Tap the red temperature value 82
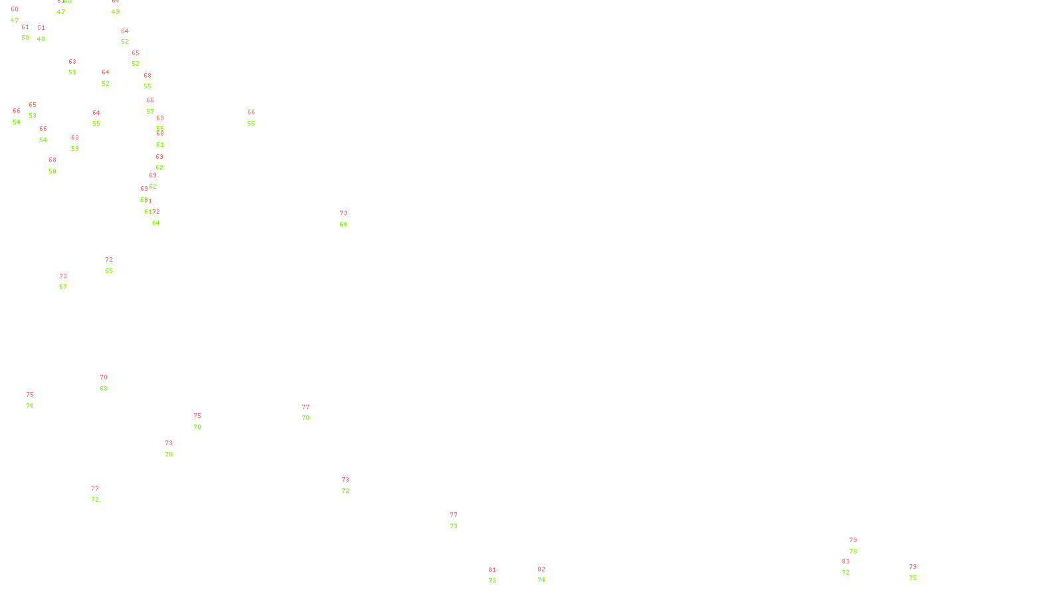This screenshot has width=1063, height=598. tap(541, 569)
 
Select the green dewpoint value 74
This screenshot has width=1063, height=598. tap(541, 580)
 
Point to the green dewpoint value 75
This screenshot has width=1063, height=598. tap(913, 578)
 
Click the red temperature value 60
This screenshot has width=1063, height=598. tap(15, 9)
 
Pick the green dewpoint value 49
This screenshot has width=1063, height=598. tap(116, 12)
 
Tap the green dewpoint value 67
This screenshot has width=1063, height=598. tap(63, 287)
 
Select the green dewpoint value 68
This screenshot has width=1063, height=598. tap(104, 389)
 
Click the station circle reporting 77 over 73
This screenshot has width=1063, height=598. tap(460, 520)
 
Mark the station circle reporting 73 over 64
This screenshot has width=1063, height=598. tap(349, 219)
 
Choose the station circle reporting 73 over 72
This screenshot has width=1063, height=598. tap(352, 485)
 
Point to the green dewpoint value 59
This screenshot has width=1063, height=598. tap(75, 149)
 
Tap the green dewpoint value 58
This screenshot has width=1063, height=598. tap(52, 171)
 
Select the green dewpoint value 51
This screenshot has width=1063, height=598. tap(72, 72)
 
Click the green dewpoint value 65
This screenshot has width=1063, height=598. tap(109, 271)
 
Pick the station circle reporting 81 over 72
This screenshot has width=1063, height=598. tap(852, 567)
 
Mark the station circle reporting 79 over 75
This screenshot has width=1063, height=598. tap(919, 572)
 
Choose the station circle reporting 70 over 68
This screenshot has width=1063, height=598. tap(110, 383)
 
